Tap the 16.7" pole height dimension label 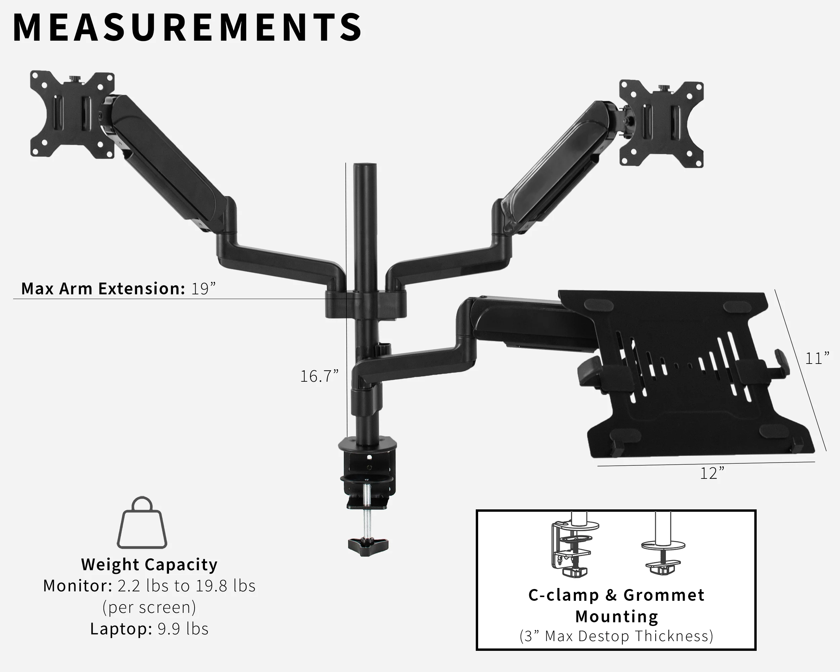(319, 376)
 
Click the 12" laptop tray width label (712, 474)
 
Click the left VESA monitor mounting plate (72, 115)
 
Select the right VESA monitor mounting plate (662, 124)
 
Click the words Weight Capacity (149, 564)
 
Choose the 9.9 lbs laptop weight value (183, 629)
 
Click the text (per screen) (149, 607)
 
